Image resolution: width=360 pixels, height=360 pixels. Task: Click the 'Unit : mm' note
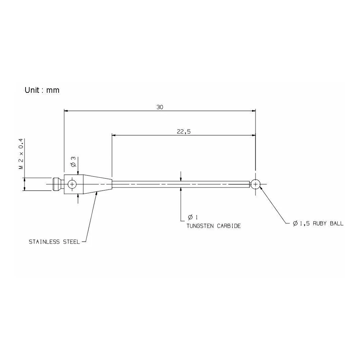[42, 90]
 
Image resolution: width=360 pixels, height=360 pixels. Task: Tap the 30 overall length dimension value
[160, 107]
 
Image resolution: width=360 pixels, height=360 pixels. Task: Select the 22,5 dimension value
[184, 132]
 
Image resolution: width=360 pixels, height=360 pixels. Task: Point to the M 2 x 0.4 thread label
[21, 154]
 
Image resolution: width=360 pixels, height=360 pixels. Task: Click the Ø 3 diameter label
[73, 161]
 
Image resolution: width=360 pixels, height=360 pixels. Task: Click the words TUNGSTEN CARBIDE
[214, 226]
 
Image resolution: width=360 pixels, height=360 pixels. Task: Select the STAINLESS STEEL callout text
[54, 242]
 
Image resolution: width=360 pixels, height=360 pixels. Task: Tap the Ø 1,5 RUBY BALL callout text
[318, 223]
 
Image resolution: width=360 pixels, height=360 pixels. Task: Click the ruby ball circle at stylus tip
[255, 184]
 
